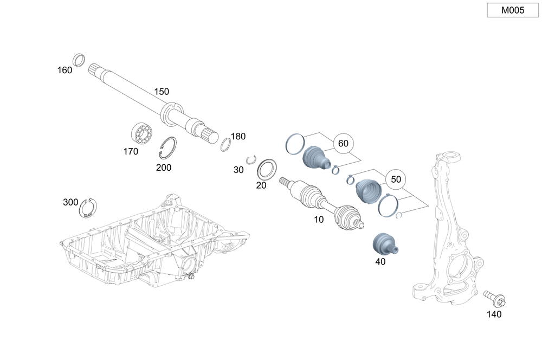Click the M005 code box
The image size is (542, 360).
512,10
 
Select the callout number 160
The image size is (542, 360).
64,70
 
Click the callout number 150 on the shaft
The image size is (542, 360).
162,92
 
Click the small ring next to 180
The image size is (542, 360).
225,145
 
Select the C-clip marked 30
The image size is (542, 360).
250,159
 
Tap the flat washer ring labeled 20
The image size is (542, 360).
267,169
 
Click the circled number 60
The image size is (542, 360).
343,144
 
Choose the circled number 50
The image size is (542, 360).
396,179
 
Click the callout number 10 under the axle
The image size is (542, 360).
319,220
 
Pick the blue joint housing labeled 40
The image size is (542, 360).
384,243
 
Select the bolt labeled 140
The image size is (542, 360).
495,298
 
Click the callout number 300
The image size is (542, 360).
70,202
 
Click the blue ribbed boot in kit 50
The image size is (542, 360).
370,191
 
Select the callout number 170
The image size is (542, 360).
131,152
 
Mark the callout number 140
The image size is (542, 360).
494,314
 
